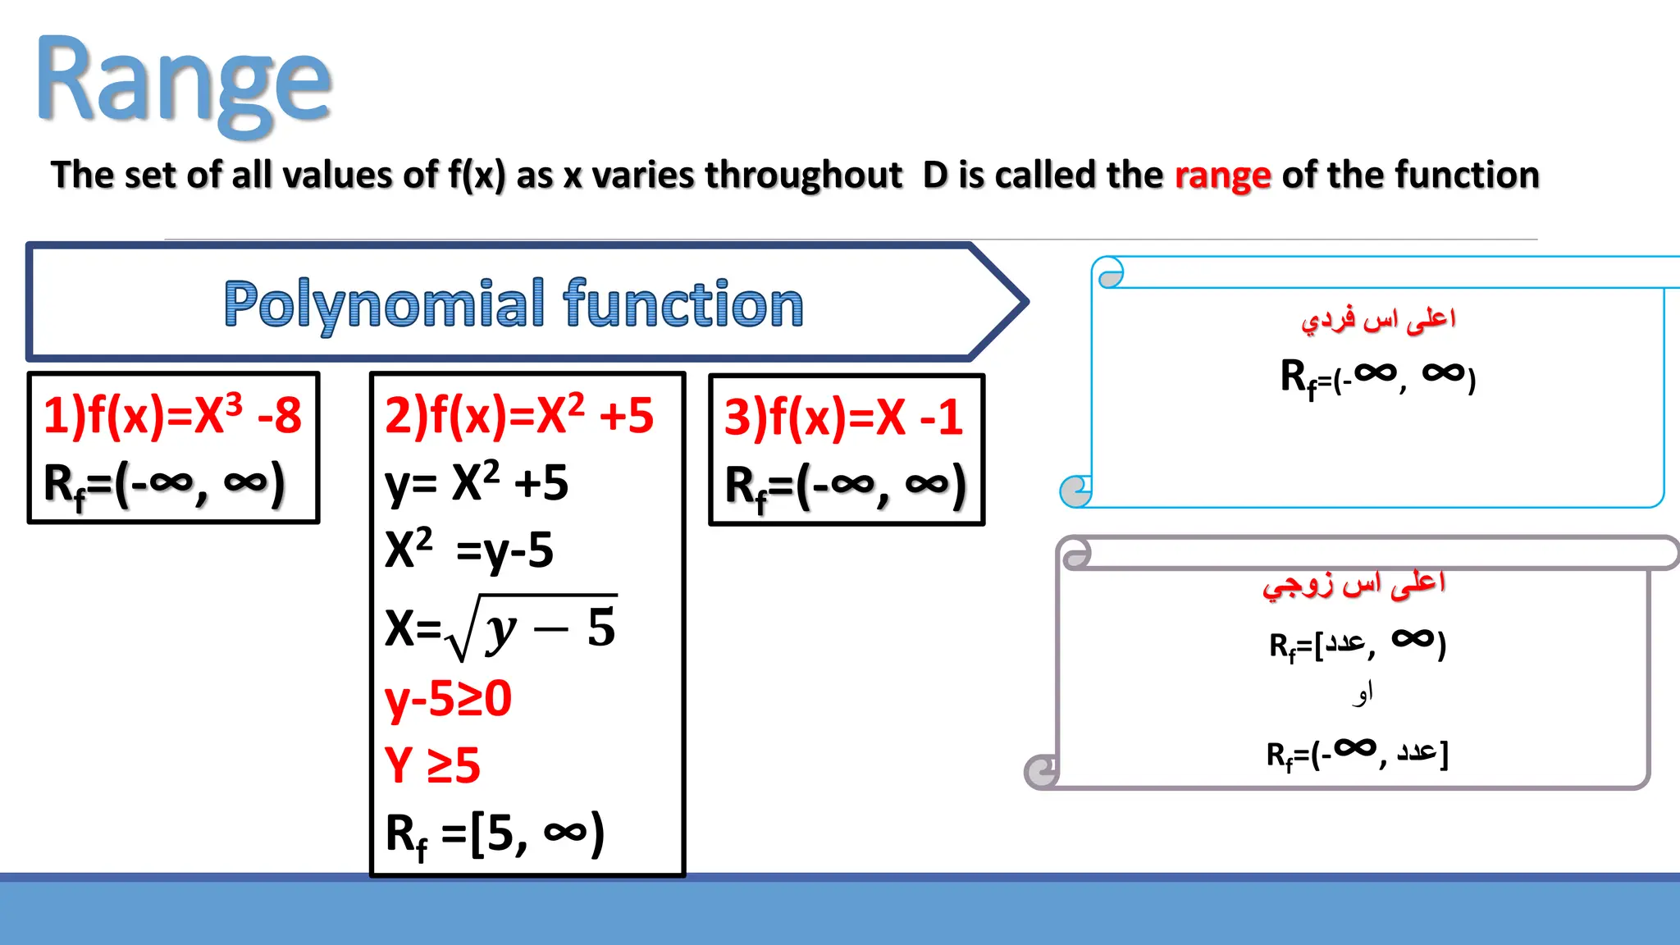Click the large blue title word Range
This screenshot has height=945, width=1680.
(184, 82)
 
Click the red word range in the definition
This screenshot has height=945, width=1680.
(1222, 176)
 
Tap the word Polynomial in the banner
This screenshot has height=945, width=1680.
(384, 304)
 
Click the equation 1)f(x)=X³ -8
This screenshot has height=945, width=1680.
(172, 415)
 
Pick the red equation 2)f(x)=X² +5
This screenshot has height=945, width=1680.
(518, 415)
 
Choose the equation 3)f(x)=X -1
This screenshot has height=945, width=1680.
(843, 417)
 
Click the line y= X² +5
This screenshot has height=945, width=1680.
(477, 482)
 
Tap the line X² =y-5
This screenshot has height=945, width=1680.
(469, 550)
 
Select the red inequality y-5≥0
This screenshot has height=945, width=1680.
(448, 699)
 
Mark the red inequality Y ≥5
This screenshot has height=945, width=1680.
(432, 765)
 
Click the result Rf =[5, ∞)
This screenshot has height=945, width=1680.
(495, 834)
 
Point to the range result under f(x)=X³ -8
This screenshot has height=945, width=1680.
(164, 484)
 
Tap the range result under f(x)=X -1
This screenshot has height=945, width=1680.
(845, 486)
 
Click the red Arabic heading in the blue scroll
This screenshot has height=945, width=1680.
(1378, 319)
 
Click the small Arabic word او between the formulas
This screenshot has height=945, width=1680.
(1363, 694)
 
